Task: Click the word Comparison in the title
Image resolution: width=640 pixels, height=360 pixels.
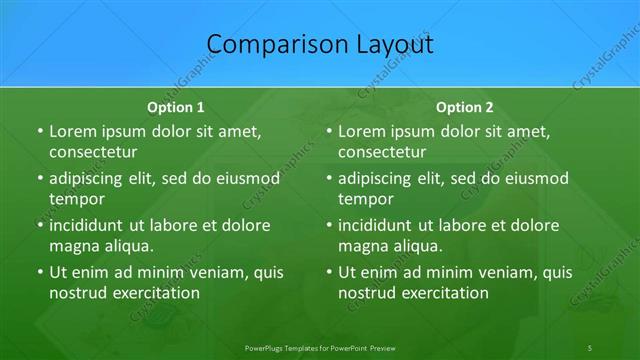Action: [x=267, y=45]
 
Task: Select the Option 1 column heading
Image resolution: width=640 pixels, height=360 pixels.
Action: [x=176, y=106]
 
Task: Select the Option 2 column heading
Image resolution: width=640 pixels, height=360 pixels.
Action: [x=465, y=106]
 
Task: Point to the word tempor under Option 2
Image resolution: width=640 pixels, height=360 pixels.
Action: [x=364, y=198]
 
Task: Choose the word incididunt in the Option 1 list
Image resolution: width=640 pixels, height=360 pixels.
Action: [x=93, y=225]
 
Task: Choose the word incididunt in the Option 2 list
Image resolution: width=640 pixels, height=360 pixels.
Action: [x=383, y=225]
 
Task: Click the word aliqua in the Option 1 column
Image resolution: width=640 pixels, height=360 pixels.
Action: [x=127, y=245]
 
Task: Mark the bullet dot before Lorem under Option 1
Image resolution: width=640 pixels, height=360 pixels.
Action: [x=38, y=132]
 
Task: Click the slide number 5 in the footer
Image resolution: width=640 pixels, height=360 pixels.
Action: [x=589, y=346]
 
